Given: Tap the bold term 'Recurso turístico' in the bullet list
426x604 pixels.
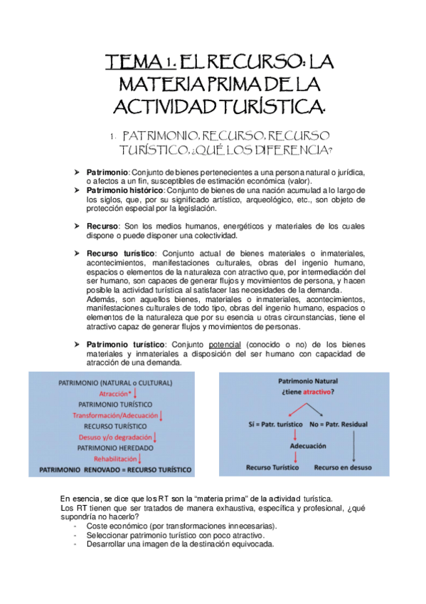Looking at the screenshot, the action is pos(120,253).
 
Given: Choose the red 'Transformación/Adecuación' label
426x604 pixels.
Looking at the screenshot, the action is pos(115,415).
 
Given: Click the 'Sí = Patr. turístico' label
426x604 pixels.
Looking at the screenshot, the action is pos(266,424).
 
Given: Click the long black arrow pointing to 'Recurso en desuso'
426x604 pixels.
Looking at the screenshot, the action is pos(353,444).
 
